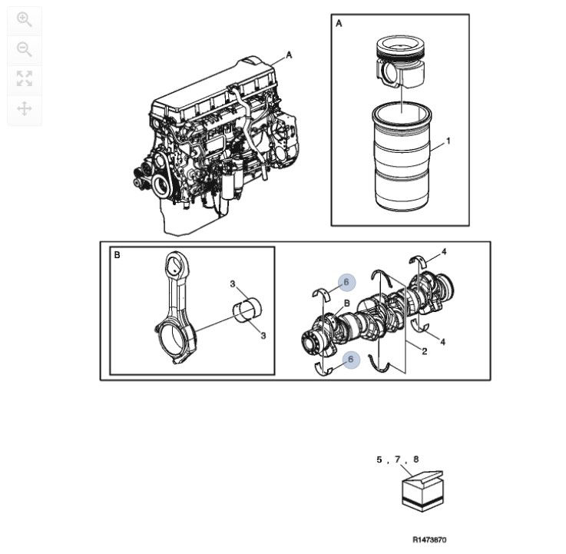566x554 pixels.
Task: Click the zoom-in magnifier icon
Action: tap(24, 20)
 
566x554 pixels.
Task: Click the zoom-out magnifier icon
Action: tap(24, 50)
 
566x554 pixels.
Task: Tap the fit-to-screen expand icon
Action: tap(24, 78)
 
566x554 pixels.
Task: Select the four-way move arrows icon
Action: tap(24, 108)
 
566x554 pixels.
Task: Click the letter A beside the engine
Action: tap(289, 55)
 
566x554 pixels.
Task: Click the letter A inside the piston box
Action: tap(339, 24)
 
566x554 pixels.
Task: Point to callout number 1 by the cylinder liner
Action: tap(448, 141)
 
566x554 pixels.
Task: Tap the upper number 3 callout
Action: tap(232, 284)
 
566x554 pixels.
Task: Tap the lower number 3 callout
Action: tap(263, 336)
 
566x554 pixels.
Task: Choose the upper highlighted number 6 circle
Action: tap(346, 283)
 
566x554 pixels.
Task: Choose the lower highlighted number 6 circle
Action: tap(351, 359)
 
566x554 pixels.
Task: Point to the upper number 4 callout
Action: tap(444, 252)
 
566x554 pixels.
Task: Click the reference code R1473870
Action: tap(429, 540)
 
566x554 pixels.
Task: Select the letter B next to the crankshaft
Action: tap(346, 304)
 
